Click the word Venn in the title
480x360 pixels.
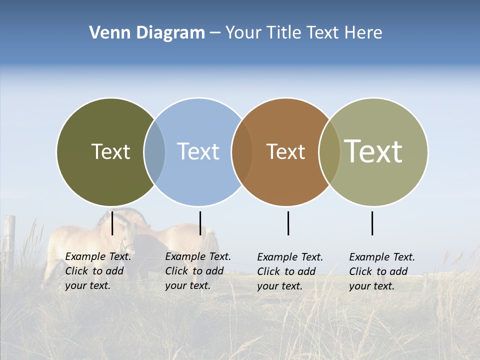(105, 33)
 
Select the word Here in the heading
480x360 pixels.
(363, 33)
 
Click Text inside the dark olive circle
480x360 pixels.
(110, 151)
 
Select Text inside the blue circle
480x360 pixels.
(198, 151)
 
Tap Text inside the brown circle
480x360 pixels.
(285, 151)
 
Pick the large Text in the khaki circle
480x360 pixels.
(373, 151)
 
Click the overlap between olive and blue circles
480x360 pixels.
(154, 152)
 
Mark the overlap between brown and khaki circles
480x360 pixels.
(329, 152)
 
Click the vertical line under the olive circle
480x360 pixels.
(112, 223)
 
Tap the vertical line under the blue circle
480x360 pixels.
(200, 223)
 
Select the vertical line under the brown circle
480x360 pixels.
(288, 223)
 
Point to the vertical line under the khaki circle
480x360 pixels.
(372, 223)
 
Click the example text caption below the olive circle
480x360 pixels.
(98, 271)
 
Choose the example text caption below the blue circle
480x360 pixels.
(198, 271)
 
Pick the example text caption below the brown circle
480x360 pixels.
(290, 271)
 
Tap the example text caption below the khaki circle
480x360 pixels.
(382, 271)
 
